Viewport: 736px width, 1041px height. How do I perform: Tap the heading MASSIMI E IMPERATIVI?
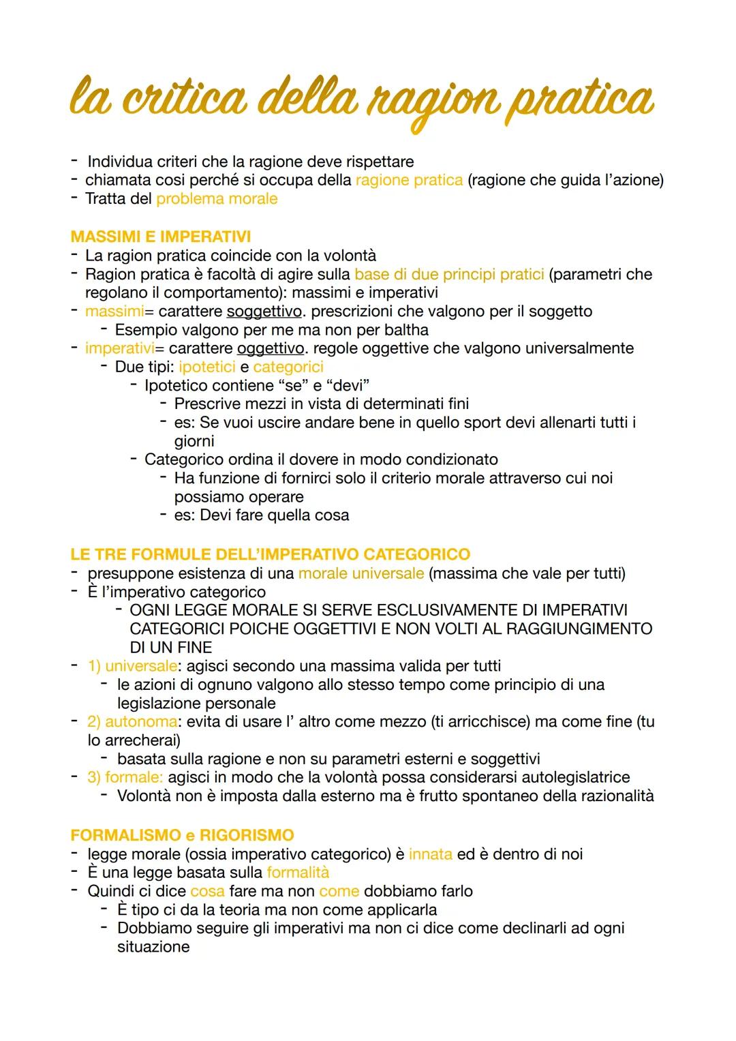click(160, 237)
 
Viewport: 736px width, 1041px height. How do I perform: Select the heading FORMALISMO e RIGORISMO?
click(182, 835)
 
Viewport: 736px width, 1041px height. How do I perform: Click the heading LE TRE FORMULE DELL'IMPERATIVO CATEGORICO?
click(270, 554)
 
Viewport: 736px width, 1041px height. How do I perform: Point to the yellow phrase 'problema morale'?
click(217, 199)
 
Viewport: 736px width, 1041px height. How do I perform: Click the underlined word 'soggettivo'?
click(264, 312)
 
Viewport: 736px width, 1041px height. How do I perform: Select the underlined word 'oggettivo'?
click(270, 348)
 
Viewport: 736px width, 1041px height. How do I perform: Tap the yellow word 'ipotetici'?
click(206, 367)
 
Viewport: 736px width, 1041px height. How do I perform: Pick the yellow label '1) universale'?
click(133, 665)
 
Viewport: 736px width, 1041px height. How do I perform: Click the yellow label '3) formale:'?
click(125, 777)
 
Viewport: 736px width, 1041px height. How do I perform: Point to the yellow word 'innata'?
click(430, 854)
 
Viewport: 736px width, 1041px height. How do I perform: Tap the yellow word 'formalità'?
click(298, 873)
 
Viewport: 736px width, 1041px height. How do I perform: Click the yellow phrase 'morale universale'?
click(361, 573)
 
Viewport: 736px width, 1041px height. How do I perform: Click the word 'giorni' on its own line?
click(194, 441)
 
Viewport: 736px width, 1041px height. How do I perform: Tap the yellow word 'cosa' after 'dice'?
click(207, 891)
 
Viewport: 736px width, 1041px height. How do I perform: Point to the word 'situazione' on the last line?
click(153, 947)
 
